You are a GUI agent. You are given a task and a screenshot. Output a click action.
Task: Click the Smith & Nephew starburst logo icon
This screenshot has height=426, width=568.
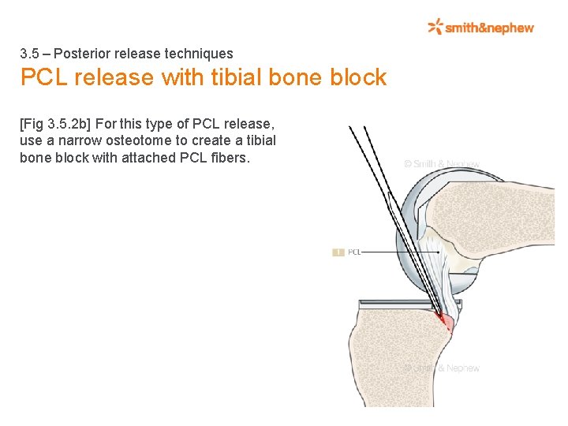coord(435,28)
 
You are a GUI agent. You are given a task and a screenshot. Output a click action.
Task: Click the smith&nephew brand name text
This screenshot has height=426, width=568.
coord(489,28)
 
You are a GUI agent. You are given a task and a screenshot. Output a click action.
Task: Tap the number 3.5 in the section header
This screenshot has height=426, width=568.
coord(29,54)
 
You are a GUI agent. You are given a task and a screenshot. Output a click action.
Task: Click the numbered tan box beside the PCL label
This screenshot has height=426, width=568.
coord(338,252)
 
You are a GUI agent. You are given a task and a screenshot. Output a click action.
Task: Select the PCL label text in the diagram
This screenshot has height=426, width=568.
coord(354,252)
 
